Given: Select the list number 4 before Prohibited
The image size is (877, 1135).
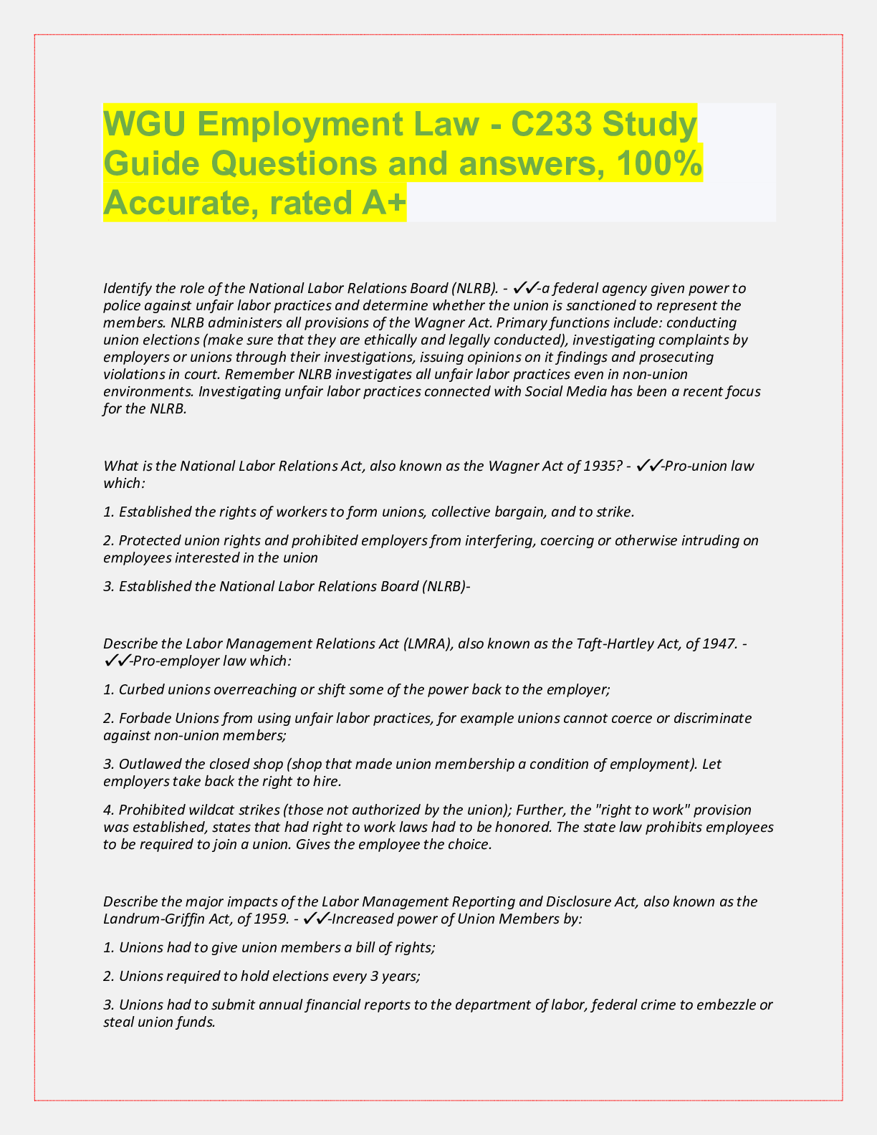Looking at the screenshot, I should click(107, 810).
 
